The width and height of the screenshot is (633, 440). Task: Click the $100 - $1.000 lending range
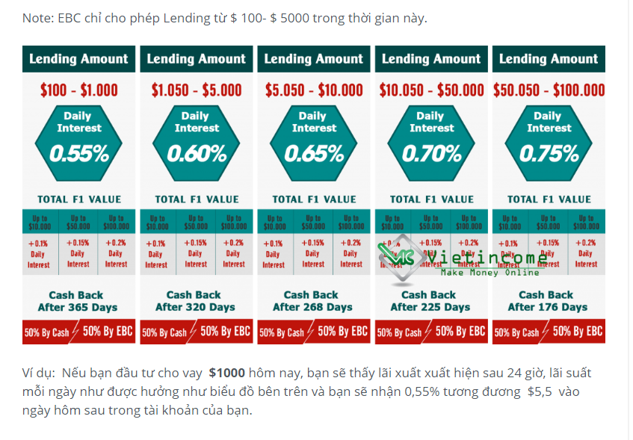[x=78, y=90]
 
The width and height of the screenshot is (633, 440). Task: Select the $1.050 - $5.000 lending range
[x=196, y=90]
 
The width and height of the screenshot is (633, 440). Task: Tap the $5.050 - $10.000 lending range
[x=314, y=90]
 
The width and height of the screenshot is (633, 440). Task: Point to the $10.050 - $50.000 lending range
[x=431, y=90]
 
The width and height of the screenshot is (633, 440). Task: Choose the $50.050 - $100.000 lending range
[x=549, y=90]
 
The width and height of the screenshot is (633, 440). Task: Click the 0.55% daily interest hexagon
[x=78, y=142]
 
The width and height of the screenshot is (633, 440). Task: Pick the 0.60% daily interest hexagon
[x=196, y=142]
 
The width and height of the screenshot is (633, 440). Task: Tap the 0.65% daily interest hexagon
[x=314, y=142]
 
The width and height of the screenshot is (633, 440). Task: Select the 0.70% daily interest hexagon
[x=431, y=142]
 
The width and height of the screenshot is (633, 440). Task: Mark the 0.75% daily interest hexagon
[x=549, y=142]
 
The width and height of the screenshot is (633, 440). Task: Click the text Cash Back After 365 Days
[x=76, y=301]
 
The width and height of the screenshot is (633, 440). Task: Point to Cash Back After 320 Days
[x=194, y=301]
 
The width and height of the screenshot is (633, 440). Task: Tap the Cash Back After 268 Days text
[x=312, y=301]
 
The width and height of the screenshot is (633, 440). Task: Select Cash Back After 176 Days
[x=546, y=301]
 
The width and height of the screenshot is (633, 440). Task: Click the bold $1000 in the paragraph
[x=226, y=373]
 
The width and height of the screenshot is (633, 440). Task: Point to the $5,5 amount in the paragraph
[x=542, y=392]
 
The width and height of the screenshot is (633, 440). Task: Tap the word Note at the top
[x=37, y=18]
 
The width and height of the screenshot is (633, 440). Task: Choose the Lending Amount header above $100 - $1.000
[x=78, y=59]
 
